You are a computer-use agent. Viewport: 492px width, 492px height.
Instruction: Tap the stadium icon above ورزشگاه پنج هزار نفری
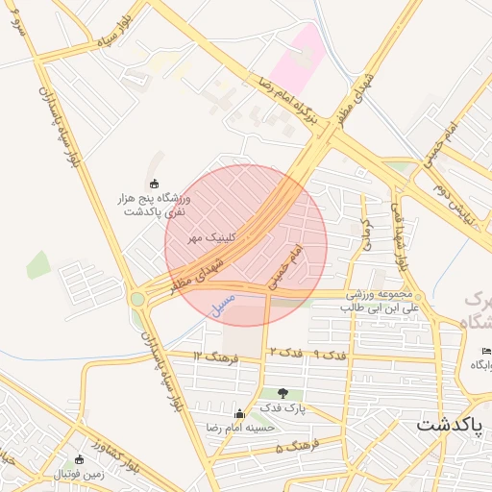click(153, 184)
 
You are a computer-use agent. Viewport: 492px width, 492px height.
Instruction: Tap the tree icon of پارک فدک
click(283, 392)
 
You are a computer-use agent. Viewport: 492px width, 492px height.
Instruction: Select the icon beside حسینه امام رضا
click(239, 413)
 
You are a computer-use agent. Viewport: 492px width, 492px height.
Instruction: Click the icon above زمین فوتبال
click(79, 459)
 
